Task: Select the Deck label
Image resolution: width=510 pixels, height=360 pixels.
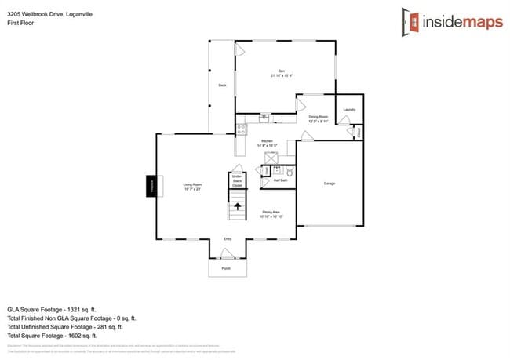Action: tap(223, 85)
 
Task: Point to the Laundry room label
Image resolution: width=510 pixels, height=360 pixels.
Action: tap(349, 109)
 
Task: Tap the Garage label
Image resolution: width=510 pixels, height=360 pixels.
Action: tap(330, 184)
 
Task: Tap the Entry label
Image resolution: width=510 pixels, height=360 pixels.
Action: tap(228, 238)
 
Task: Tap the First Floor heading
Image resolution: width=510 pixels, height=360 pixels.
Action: tap(20, 24)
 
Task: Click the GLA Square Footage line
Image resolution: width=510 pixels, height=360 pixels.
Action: tap(61, 309)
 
